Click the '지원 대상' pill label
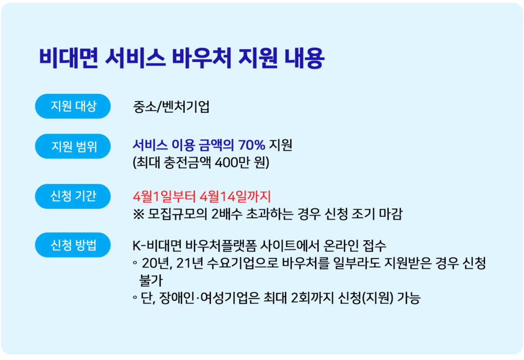pos(73,106)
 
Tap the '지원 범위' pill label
pos(73,146)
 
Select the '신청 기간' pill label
pos(73,196)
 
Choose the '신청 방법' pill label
pos(73,245)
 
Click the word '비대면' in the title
pos(69,58)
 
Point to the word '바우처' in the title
pos(202,58)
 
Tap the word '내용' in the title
pos(304,58)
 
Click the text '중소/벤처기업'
pos(171,107)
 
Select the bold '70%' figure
pos(252,145)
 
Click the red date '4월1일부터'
pos(164,197)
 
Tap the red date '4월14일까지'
pos(235,197)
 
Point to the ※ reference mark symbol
pos(138,214)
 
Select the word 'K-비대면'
pos(157,246)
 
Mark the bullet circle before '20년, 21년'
pos(135,263)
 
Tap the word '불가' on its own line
pos(151,281)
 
